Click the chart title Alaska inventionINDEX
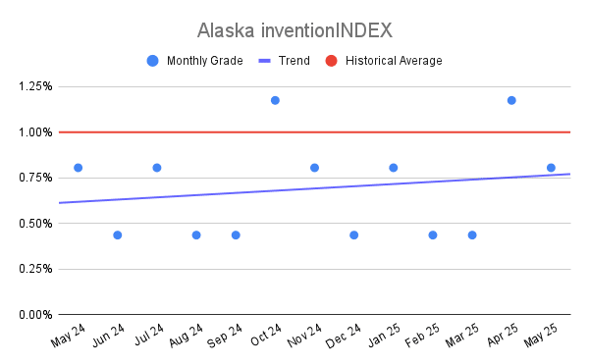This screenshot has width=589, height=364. pyautogui.click(x=294, y=30)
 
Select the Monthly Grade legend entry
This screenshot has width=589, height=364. pyautogui.click(x=195, y=61)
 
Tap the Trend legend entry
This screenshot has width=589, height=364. pyautogui.click(x=285, y=61)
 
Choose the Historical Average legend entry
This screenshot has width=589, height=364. pyautogui.click(x=384, y=61)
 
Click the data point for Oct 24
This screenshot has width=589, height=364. pyautogui.click(x=275, y=100)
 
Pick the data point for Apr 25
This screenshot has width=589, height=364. pyautogui.click(x=511, y=100)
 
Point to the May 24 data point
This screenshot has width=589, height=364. pyautogui.click(x=79, y=168)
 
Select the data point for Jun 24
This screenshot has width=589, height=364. pyautogui.click(x=118, y=235)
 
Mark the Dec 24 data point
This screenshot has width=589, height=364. pyautogui.click(x=353, y=235)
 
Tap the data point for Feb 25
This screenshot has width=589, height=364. pyautogui.click(x=433, y=235)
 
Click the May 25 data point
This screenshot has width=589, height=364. pyautogui.click(x=551, y=168)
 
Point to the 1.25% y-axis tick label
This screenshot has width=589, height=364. pyautogui.click(x=35, y=86)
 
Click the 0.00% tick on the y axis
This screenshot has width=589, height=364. pyautogui.click(x=35, y=315)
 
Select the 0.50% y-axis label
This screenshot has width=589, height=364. pyautogui.click(x=35, y=224)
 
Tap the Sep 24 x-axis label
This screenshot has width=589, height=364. pyautogui.click(x=225, y=336)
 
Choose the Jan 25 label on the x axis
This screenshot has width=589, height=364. pyautogui.click(x=384, y=336)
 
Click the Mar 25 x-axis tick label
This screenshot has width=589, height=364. pyautogui.click(x=462, y=336)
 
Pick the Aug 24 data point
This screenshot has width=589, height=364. pyautogui.click(x=196, y=235)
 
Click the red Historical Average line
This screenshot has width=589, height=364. pyautogui.click(x=315, y=132)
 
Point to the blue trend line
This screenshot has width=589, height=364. pyautogui.click(x=315, y=188)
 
